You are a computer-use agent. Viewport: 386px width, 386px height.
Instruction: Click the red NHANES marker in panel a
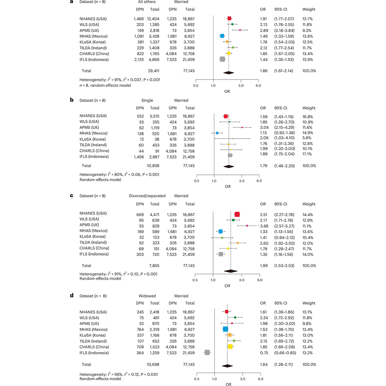[230, 18]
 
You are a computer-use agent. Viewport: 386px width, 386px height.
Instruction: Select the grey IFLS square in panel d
[207, 352]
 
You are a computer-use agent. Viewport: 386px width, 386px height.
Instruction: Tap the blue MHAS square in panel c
[220, 231]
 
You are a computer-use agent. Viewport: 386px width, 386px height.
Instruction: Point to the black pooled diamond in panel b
[229, 166]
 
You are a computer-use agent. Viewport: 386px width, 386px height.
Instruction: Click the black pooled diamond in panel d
[227, 365]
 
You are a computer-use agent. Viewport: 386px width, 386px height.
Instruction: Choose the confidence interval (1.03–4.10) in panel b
[285, 138]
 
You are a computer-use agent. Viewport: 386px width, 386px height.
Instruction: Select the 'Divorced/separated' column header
[147, 196]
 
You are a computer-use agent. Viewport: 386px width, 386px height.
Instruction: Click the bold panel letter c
[71, 196]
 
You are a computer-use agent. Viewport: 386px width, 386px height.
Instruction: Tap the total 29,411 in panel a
[151, 71]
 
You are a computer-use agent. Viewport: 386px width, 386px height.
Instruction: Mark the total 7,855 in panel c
[153, 266]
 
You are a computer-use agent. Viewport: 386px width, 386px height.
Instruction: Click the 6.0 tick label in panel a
[258, 86]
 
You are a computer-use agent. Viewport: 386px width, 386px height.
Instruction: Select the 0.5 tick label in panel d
[197, 379]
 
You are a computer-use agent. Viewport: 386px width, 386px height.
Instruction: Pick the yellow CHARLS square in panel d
[230, 347]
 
